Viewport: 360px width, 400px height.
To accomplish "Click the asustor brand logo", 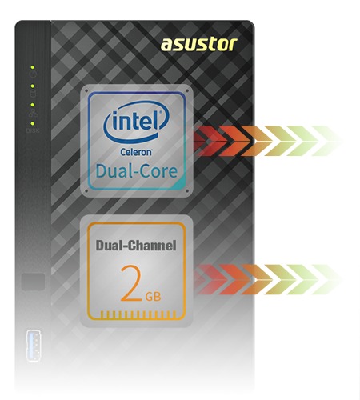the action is [x=199, y=44].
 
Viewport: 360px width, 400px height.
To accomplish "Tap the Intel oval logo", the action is [x=137, y=122].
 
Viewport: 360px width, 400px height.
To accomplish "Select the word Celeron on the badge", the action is [x=136, y=152].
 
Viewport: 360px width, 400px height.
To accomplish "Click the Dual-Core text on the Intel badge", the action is [x=137, y=171].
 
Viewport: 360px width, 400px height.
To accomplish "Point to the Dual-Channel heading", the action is [x=136, y=246].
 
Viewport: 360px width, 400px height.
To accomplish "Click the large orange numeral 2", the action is [x=131, y=283].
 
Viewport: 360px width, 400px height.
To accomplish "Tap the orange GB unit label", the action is [x=153, y=297].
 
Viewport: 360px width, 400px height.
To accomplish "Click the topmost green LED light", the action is [x=33, y=67].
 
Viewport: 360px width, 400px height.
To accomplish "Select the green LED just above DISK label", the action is [x=33, y=123].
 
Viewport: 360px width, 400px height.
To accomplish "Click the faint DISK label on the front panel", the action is [x=33, y=130].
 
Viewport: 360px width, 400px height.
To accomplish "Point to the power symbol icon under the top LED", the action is [x=33, y=74].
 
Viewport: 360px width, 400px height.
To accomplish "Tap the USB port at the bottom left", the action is [x=34, y=346].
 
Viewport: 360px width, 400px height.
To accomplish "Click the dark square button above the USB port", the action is [x=33, y=282].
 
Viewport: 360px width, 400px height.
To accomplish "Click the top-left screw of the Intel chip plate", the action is [x=86, y=90].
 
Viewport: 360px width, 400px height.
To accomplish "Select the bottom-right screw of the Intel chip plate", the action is [x=187, y=191].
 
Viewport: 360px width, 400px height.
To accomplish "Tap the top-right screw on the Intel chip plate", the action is [x=187, y=90].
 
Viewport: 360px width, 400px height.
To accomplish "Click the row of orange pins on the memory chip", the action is [x=138, y=314].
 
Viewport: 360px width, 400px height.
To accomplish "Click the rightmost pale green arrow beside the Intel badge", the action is [x=326, y=141].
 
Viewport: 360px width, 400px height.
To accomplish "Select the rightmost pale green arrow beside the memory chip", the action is [x=326, y=279].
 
